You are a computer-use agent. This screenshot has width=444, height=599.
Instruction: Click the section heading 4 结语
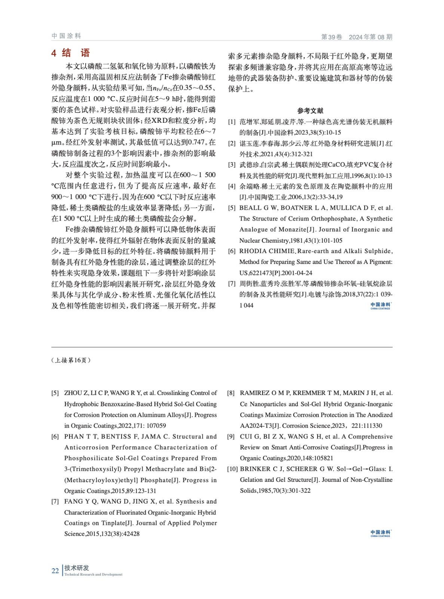pyautogui.click(x=71, y=53)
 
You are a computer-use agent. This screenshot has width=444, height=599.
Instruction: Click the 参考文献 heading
pyautogui.click(x=310, y=111)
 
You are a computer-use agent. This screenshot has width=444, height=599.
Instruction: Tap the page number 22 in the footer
pyautogui.click(x=55, y=571)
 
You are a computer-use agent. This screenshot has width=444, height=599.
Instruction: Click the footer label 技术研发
pyautogui.click(x=77, y=568)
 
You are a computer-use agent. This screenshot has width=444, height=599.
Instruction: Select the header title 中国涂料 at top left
pyautogui.click(x=66, y=36)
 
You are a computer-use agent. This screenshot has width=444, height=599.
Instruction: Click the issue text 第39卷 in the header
pyautogui.click(x=332, y=37)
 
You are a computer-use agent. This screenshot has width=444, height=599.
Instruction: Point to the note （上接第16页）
pyautogui.click(x=71, y=360)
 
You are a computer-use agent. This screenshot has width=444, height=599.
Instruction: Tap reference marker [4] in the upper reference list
pyautogui.click(x=232, y=186)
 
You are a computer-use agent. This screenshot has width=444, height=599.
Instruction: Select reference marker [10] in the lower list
pyautogui.click(x=233, y=469)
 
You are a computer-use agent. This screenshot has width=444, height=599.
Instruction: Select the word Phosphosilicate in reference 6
pyautogui.click(x=86, y=458)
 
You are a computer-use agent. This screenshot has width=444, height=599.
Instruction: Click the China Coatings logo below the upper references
pyautogui.click(x=380, y=306)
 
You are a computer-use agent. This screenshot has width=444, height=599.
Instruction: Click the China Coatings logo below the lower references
pyautogui.click(x=380, y=533)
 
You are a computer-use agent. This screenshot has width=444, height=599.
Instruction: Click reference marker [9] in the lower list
pyautogui.click(x=231, y=437)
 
